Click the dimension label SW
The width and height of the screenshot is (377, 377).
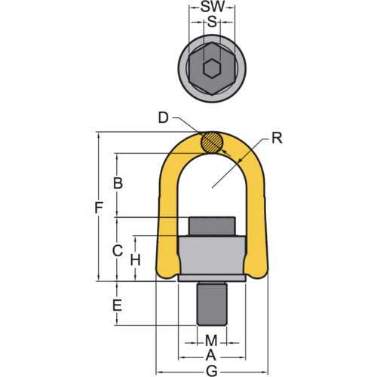pyautogui.click(x=211, y=7)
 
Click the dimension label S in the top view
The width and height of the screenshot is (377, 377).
pyautogui.click(x=212, y=22)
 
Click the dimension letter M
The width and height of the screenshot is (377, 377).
pyautogui.click(x=212, y=341)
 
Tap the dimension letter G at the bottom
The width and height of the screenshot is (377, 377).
pyautogui.click(x=212, y=370)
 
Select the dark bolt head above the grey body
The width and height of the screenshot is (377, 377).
pyautogui.click(x=212, y=227)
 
